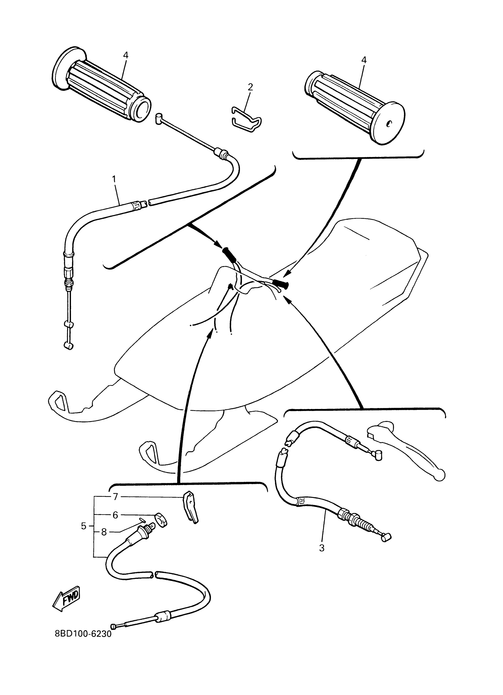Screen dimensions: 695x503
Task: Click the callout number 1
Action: (114, 179)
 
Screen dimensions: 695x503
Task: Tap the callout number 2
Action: (250, 87)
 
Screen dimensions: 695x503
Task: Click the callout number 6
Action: (115, 515)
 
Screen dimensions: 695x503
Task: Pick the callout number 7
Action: (115, 497)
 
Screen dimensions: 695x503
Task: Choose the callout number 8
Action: (104, 532)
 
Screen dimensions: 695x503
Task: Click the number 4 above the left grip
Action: (125, 55)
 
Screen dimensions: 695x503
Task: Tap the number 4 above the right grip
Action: (364, 60)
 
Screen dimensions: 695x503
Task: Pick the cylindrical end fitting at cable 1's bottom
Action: (69, 346)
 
